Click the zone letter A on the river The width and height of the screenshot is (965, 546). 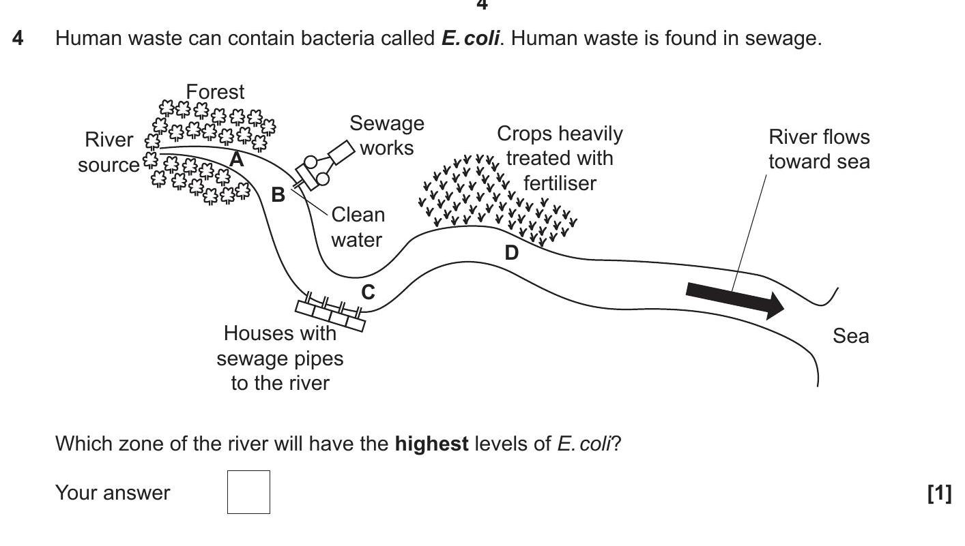pyautogui.click(x=236, y=160)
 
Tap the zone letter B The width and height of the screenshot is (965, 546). pyautogui.click(x=278, y=195)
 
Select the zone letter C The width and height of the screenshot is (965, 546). pyautogui.click(x=368, y=292)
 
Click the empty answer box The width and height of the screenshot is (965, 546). pyautogui.click(x=248, y=491)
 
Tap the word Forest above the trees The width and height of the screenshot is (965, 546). pyautogui.click(x=215, y=91)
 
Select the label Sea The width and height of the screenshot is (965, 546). pyautogui.click(x=850, y=336)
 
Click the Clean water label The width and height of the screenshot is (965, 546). pyautogui.click(x=358, y=227)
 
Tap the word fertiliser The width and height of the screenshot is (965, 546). pyautogui.click(x=560, y=183)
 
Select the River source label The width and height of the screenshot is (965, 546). pyautogui.click(x=109, y=152)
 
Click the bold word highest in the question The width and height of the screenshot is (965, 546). pyautogui.click(x=431, y=444)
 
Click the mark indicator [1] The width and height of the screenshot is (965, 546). pyautogui.click(x=939, y=492)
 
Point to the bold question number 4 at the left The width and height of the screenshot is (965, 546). pyautogui.click(x=18, y=38)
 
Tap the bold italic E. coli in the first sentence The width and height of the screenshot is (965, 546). pyautogui.click(x=470, y=38)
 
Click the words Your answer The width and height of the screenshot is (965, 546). pyautogui.click(x=113, y=492)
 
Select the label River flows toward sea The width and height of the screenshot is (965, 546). pyautogui.click(x=819, y=149)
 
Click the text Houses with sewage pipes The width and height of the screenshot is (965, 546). pyautogui.click(x=280, y=346)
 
